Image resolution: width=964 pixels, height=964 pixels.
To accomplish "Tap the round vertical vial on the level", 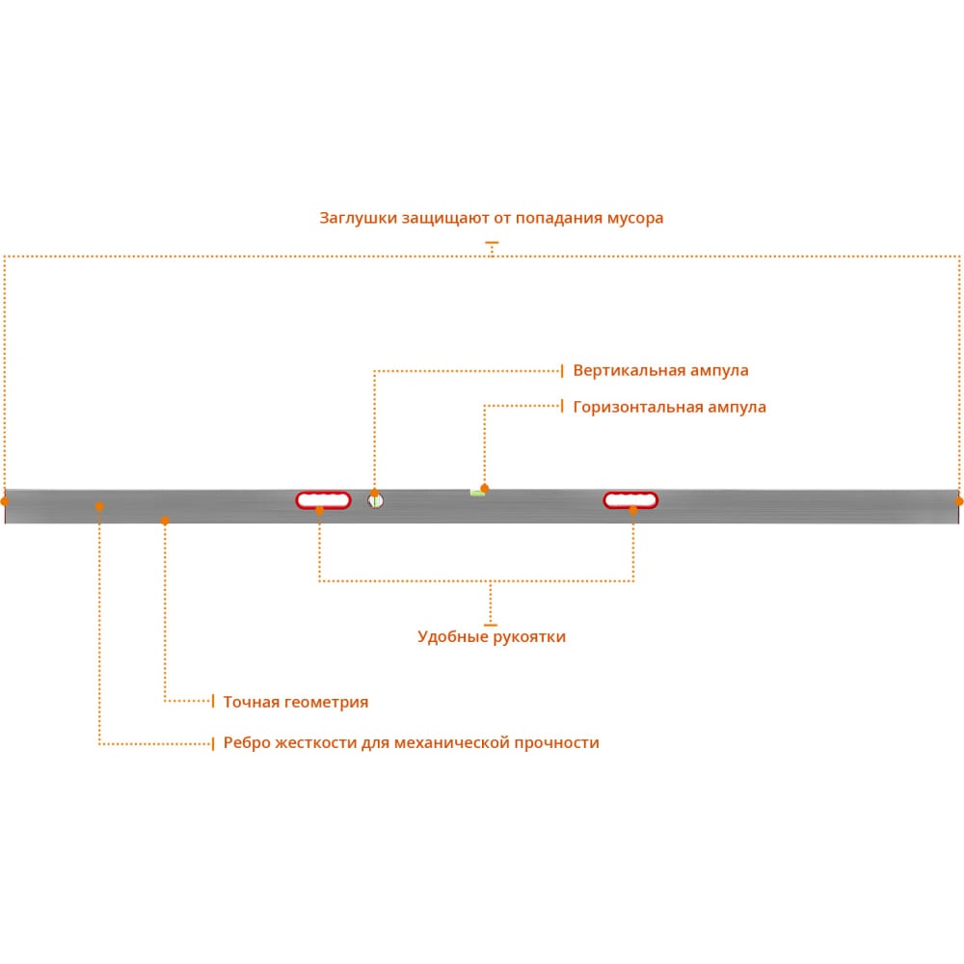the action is (376, 500).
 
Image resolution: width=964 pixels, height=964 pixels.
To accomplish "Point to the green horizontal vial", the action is (477, 493).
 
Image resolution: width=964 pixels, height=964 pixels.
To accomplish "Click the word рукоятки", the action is (529, 637).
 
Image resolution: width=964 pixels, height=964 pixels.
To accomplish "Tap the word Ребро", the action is (247, 742).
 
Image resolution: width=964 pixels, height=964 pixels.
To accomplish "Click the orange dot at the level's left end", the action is (5, 501).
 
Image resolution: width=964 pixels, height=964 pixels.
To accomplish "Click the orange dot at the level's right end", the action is (959, 501).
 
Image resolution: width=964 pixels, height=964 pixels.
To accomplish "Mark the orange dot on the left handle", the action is (320, 510).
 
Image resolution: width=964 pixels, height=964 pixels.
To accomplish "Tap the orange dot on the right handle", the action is (633, 510).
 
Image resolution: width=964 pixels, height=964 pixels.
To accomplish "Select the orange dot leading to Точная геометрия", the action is (165, 521).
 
